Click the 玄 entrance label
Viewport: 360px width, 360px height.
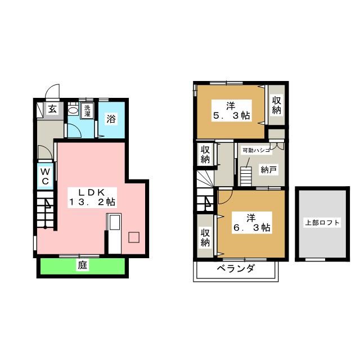coord(52,109)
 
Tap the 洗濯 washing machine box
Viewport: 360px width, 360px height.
coord(87,111)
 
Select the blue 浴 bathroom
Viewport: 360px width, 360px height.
coord(112,119)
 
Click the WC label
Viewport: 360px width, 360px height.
coord(44,175)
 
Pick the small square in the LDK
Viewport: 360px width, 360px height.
coord(134,237)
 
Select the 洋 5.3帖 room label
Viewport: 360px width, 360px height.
coord(231,111)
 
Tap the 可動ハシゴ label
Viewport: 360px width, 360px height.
coord(256,151)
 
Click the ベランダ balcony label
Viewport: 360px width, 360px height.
coord(235,268)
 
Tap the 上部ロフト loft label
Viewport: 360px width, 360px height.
coord(322,223)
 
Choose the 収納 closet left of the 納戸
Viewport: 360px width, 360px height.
coord(206,154)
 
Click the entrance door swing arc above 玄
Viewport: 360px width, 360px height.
coord(51,92)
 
